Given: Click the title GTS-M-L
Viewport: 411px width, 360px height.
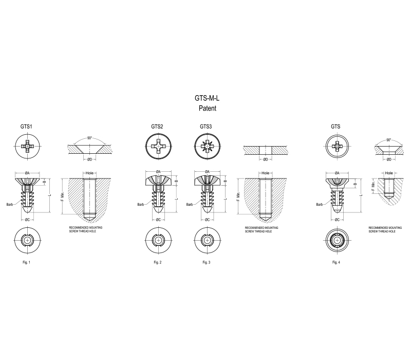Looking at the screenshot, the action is coord(207,98).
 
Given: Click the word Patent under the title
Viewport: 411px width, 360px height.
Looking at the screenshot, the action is coord(208,108).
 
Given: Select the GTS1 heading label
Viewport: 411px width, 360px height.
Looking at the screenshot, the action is coord(26,127).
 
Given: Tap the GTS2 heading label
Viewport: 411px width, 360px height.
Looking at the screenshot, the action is coord(157,127).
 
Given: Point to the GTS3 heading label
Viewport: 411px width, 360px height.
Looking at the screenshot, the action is coord(206,127).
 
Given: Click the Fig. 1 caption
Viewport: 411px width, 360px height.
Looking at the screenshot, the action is coord(27,262).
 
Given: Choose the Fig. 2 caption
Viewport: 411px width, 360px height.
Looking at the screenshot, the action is coord(158,262).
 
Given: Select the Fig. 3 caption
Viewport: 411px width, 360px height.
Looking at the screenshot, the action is coord(207,262).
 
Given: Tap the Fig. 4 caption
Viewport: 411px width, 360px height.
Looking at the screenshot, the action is coord(336,262).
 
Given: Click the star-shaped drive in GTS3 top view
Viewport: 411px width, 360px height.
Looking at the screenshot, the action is coord(208,146).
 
